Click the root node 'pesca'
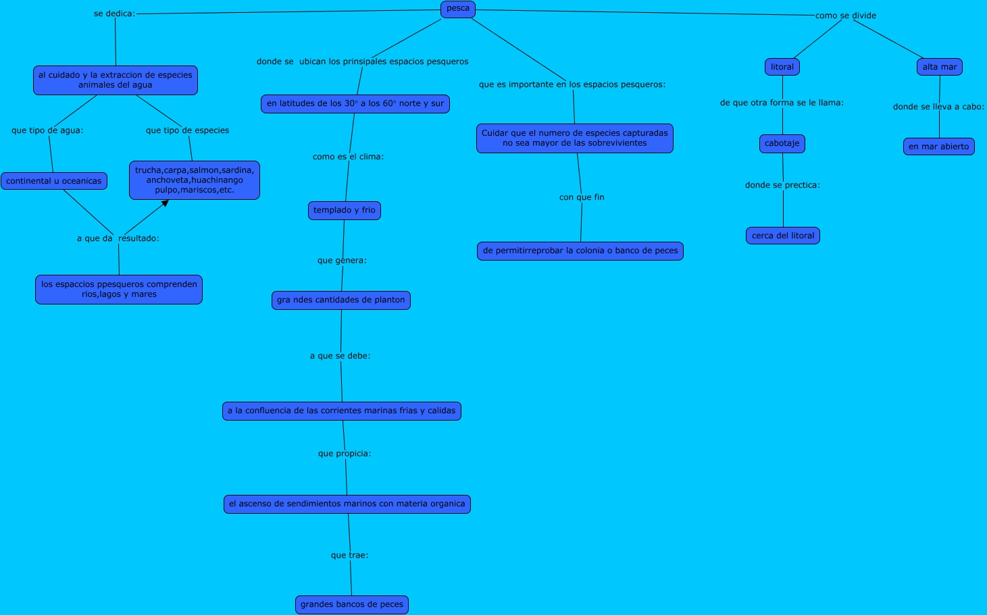click(x=458, y=9)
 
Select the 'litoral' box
click(x=782, y=67)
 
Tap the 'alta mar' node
click(x=940, y=67)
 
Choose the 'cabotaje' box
click(x=782, y=143)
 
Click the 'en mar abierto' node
click(x=938, y=146)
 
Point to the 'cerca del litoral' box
click(x=783, y=236)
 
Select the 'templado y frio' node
click(x=345, y=211)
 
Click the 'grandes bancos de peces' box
click(x=352, y=605)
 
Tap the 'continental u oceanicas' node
click(x=54, y=181)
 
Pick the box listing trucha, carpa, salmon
click(x=195, y=180)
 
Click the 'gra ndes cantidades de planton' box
click(x=341, y=300)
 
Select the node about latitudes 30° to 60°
click(x=355, y=104)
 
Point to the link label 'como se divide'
click(x=845, y=16)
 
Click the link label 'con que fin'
click(x=582, y=197)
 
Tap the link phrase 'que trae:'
click(x=349, y=556)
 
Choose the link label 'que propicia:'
click(x=345, y=454)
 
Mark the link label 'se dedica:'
click(x=114, y=14)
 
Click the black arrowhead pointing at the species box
click(x=165, y=203)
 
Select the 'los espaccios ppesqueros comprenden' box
click(x=119, y=290)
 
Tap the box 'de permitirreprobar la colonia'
click(x=580, y=251)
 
